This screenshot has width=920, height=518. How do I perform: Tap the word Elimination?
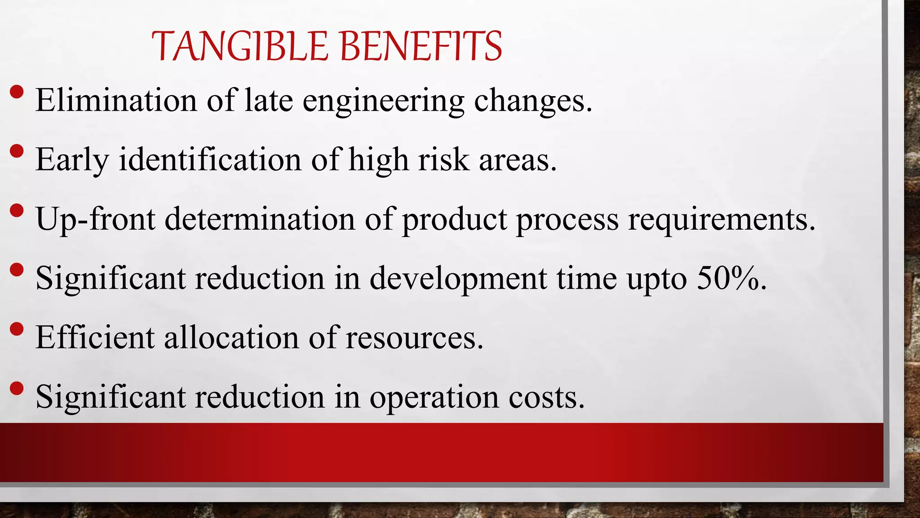pyautogui.click(x=116, y=100)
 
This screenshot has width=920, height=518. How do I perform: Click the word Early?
pyautogui.click(x=72, y=160)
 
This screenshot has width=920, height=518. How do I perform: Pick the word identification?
pyautogui.click(x=210, y=159)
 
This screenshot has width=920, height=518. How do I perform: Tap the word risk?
pyautogui.click(x=443, y=159)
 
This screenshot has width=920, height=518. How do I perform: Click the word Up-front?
pyautogui.click(x=96, y=219)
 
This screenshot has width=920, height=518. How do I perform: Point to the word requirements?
pyautogui.click(x=721, y=219)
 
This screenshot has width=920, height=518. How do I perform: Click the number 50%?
pyautogui.click(x=731, y=278)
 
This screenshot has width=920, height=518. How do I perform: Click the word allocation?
pyautogui.click(x=231, y=337)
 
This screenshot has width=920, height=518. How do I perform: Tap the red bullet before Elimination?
pyautogui.click(x=17, y=92)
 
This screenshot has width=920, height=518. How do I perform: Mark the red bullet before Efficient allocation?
pyautogui.click(x=17, y=329)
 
